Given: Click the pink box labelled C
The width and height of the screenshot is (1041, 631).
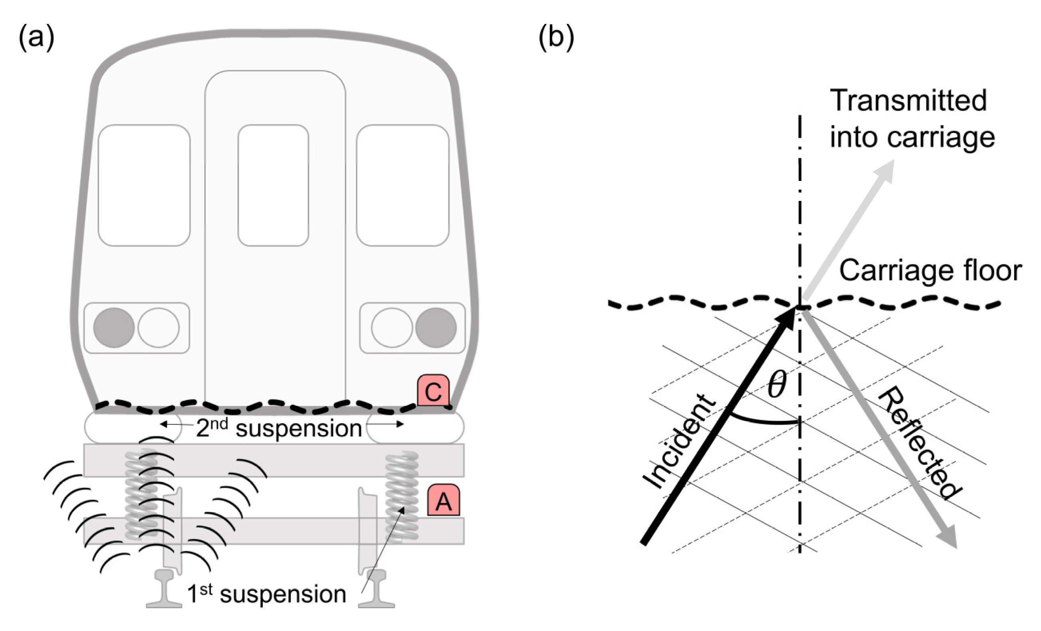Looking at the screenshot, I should (433, 391).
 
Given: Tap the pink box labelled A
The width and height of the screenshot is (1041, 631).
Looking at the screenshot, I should (443, 500).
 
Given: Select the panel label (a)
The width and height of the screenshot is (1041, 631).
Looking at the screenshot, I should (36, 37).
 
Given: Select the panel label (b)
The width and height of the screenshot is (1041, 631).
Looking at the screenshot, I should (556, 37).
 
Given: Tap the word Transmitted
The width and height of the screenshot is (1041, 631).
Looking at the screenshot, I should (908, 101).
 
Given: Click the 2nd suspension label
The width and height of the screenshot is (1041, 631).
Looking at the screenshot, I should (279, 428).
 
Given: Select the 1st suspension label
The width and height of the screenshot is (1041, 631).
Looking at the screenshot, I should (266, 594).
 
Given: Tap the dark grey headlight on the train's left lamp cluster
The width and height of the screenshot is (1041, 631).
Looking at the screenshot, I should (114, 327).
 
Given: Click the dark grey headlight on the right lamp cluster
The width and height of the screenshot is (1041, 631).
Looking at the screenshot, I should (436, 327).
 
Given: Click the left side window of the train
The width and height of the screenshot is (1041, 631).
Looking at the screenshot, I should (144, 185).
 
